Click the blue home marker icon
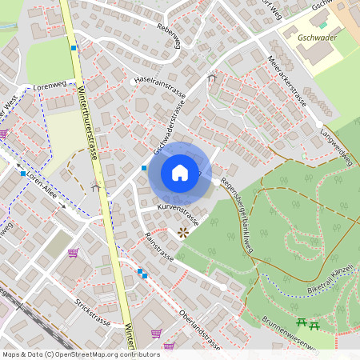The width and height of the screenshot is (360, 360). (180, 172)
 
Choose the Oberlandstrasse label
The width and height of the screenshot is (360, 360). (200, 330)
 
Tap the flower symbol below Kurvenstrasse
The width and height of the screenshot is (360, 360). (183, 233)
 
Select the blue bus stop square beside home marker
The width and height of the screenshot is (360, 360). (144, 168)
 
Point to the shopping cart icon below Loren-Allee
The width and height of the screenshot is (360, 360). (74, 254)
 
